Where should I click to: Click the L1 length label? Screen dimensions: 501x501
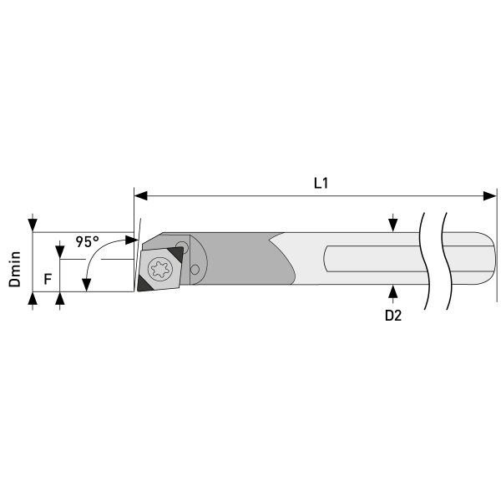[x=320, y=182]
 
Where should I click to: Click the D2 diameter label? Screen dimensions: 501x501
[x=393, y=316]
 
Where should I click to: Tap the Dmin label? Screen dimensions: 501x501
[x=14, y=270]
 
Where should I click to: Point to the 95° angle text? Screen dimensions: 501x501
[x=87, y=241]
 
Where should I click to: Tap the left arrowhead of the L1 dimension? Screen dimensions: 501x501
[x=140, y=196]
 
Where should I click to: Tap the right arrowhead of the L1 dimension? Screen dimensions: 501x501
[x=490, y=196]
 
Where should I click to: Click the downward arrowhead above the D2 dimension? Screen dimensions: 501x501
[x=393, y=226]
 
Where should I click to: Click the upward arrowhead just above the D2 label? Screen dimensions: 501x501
[x=393, y=291]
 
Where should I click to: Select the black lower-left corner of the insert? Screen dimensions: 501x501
[x=144, y=284]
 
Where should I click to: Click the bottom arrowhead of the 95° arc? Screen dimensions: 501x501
[x=86, y=287]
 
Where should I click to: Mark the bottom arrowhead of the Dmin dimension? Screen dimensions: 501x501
[x=32, y=298]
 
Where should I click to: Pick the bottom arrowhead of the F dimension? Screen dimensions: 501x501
[x=59, y=298]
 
